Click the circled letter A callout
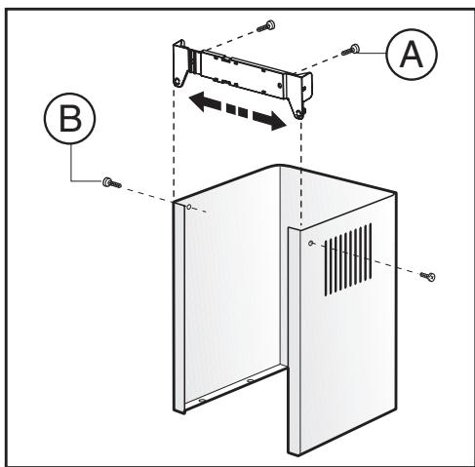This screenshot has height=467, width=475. tap(412, 55)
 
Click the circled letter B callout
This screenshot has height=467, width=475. tap(70, 119)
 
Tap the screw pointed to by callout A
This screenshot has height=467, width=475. tap(350, 50)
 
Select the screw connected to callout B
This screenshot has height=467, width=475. tap(112, 183)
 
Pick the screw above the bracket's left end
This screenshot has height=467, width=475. tap(266, 26)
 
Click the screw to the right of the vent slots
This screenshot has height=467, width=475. tap(427, 276)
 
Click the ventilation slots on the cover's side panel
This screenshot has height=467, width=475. tap(348, 259)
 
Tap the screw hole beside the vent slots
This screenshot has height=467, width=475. tap(310, 243)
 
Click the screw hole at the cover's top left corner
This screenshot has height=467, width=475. tap(188, 207)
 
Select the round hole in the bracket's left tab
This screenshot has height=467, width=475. tap(177, 81)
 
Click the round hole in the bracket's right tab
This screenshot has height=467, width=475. tap(298, 113)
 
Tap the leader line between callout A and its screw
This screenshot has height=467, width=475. tap(373, 53)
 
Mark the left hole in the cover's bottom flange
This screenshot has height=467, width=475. tap(202, 401)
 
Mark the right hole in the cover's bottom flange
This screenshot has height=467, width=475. tap(250, 380)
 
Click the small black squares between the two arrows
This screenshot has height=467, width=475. tap(237, 110)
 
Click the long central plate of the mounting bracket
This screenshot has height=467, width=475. tap(242, 73)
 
